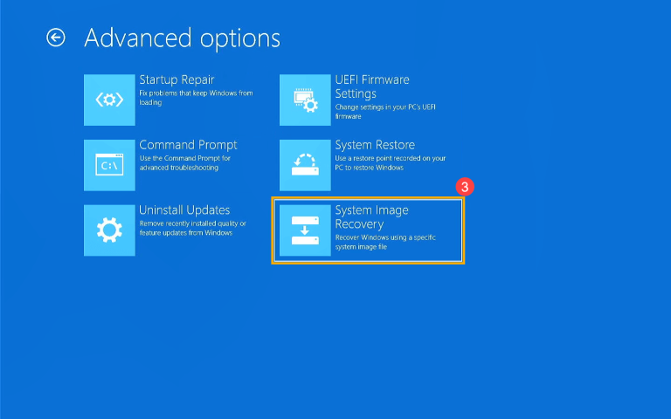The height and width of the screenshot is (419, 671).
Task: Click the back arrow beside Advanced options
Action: coord(56,38)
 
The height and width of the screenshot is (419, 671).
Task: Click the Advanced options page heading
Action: coord(182,38)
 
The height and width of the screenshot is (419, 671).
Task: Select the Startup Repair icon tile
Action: coord(109,100)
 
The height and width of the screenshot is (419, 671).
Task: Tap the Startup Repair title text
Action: coord(176,79)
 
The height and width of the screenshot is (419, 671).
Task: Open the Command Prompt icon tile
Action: coord(109,165)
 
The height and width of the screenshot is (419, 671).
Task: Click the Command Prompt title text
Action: coord(188,145)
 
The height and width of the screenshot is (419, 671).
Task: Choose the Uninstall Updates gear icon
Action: coord(109,230)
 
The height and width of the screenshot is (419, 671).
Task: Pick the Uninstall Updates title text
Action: coord(184,210)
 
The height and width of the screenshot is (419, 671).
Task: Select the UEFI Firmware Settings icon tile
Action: coord(305,100)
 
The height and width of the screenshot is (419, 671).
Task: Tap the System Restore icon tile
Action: coord(305,165)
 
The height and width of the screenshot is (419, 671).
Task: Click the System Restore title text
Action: coord(375,145)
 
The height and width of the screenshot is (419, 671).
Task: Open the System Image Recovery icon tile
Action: coord(305,230)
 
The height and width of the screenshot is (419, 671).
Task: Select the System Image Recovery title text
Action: coord(371,216)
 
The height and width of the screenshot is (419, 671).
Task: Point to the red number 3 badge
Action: coord(465,187)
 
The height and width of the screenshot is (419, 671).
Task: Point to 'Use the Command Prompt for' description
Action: coord(184,162)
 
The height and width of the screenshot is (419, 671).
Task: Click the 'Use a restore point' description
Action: coord(390,162)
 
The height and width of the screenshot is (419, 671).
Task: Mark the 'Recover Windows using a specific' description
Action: coord(385,242)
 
